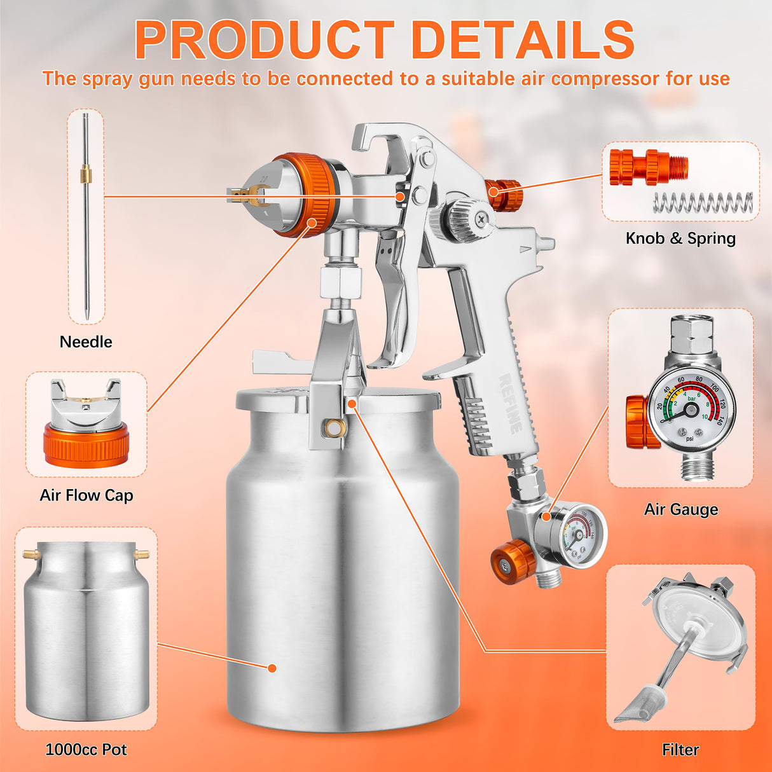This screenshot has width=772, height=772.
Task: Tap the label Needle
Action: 86,342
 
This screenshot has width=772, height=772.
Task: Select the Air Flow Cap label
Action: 86,495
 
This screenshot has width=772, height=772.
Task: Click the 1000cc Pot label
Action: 86,750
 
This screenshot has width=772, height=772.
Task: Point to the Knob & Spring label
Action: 680,238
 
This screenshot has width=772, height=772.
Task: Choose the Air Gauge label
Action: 681,509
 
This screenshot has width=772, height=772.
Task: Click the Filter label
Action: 680,750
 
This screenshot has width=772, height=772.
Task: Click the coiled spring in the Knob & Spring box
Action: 703,203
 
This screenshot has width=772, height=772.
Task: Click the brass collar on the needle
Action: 85,174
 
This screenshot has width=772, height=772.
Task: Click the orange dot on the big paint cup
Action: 272,668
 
